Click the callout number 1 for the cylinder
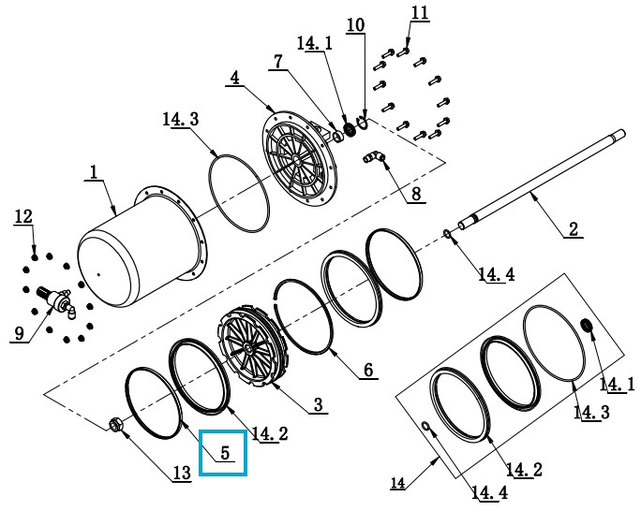[x=94, y=171]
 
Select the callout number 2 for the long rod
[x=573, y=227]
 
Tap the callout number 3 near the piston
[x=318, y=404]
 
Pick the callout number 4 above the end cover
[x=234, y=78]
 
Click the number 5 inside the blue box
[x=225, y=453]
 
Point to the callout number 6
[x=368, y=370]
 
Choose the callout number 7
[x=278, y=61]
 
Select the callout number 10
[x=355, y=24]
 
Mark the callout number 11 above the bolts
[x=419, y=12]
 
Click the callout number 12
[x=23, y=216]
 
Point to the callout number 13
[x=183, y=473]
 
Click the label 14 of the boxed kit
[x=398, y=483]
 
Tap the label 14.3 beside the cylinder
[x=180, y=120]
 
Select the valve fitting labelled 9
[x=60, y=301]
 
